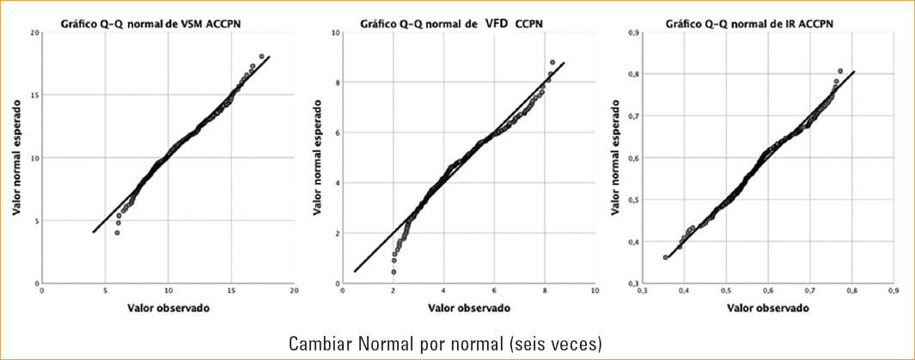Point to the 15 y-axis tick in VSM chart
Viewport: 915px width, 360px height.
pyautogui.click(x=32, y=95)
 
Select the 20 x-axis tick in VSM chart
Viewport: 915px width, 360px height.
pyautogui.click(x=294, y=292)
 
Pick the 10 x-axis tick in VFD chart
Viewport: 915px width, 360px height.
pyautogui.click(x=594, y=292)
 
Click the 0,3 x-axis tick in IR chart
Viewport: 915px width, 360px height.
pyautogui.click(x=642, y=292)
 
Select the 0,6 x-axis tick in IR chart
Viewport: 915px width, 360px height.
pyautogui.click(x=767, y=292)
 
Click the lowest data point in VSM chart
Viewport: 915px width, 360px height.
pyautogui.click(x=117, y=233)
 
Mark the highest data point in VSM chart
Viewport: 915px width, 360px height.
pyautogui.click(x=261, y=57)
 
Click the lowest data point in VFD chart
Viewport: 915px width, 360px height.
pyautogui.click(x=393, y=272)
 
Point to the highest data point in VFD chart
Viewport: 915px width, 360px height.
pyautogui.click(x=552, y=63)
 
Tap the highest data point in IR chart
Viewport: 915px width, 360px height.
pyautogui.click(x=839, y=70)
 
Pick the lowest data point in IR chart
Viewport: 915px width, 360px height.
pyautogui.click(x=666, y=257)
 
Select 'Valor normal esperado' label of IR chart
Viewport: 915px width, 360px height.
pyautogui.click(x=616, y=157)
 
